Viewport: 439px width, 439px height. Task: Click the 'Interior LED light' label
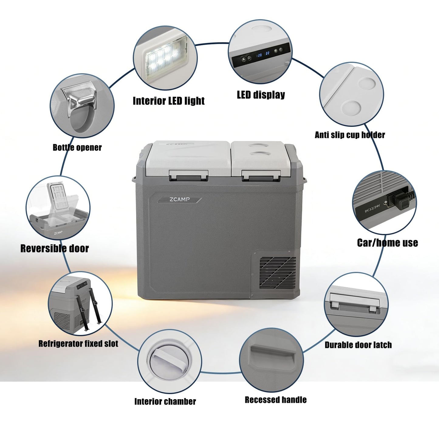(x=169, y=101)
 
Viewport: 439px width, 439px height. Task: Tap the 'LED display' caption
(x=261, y=95)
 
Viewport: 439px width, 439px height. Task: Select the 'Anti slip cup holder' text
(x=350, y=135)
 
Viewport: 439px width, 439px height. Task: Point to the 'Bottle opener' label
(x=77, y=147)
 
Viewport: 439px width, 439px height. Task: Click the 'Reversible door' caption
(x=55, y=248)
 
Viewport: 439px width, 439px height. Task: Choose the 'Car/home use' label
(x=388, y=243)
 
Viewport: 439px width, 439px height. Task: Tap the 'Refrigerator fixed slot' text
(x=78, y=344)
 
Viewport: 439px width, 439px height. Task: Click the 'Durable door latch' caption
(x=358, y=345)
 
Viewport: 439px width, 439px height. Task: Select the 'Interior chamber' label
(x=165, y=401)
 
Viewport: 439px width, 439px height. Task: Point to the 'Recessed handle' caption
(x=276, y=400)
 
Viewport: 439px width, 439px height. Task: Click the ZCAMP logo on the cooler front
(x=180, y=200)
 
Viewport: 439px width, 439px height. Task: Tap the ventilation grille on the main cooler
(x=278, y=273)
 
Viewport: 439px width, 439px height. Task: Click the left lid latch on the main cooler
(x=188, y=175)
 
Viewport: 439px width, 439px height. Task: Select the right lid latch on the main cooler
(x=261, y=175)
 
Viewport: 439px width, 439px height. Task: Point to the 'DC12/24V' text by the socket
(x=372, y=208)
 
